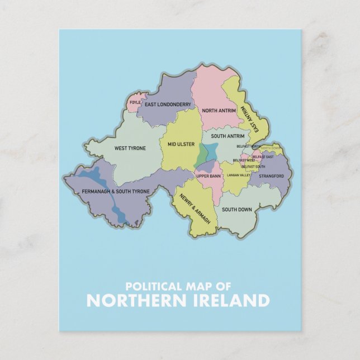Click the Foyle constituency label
135,102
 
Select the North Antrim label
218,111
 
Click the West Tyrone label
130,148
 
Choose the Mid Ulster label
181,144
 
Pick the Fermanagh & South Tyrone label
116,192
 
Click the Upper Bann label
209,176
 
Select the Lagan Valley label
239,175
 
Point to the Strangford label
271,177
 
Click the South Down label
236,210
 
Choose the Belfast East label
263,157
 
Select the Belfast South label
253,167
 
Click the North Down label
271,148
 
